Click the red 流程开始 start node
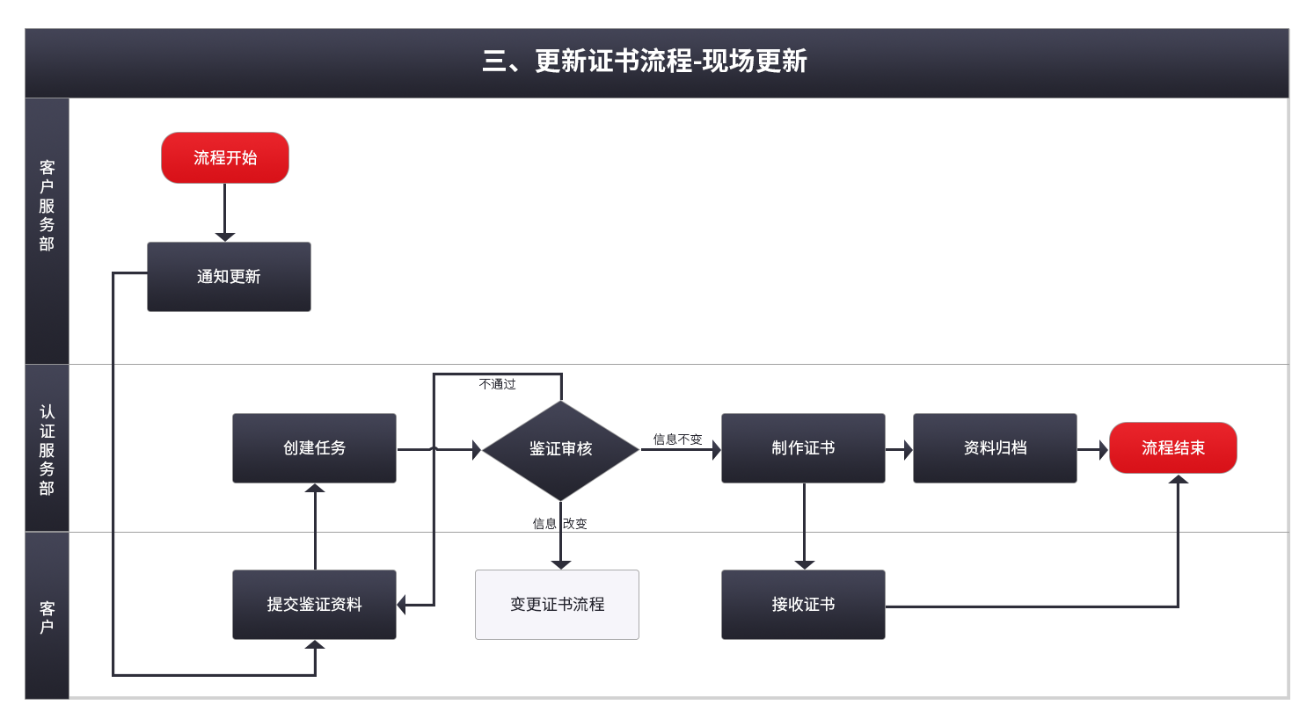pyautogui.click(x=224, y=157)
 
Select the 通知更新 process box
pyautogui.click(x=229, y=277)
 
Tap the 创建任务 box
pyautogui.click(x=314, y=448)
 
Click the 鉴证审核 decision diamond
pyautogui.click(x=561, y=450)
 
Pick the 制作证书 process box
pyautogui.click(x=803, y=448)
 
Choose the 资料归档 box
pyautogui.click(x=995, y=448)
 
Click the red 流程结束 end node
pyautogui.click(x=1173, y=448)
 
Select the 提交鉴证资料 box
pyautogui.click(x=314, y=605)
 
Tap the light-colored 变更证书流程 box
pyautogui.click(x=558, y=605)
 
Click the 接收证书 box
pyautogui.click(x=803, y=605)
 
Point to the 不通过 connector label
pyautogui.click(x=498, y=384)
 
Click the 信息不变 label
pyautogui.click(x=677, y=439)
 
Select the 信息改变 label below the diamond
pyautogui.click(x=559, y=524)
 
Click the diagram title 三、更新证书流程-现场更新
pyautogui.click(x=644, y=61)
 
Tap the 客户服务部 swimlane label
pyautogui.click(x=47, y=206)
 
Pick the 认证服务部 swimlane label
pyautogui.click(x=47, y=450)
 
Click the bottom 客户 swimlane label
pyautogui.click(x=47, y=617)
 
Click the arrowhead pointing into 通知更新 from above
pyautogui.click(x=224, y=237)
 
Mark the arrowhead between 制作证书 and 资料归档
pyautogui.click(x=909, y=450)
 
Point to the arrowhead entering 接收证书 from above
pyautogui.click(x=804, y=565)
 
